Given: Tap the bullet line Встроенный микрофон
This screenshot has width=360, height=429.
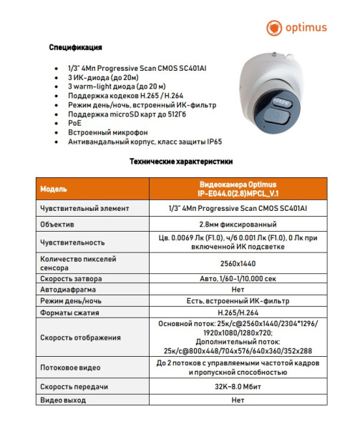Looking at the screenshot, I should click(102, 132).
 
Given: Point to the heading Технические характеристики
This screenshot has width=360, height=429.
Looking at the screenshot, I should click(180, 162).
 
